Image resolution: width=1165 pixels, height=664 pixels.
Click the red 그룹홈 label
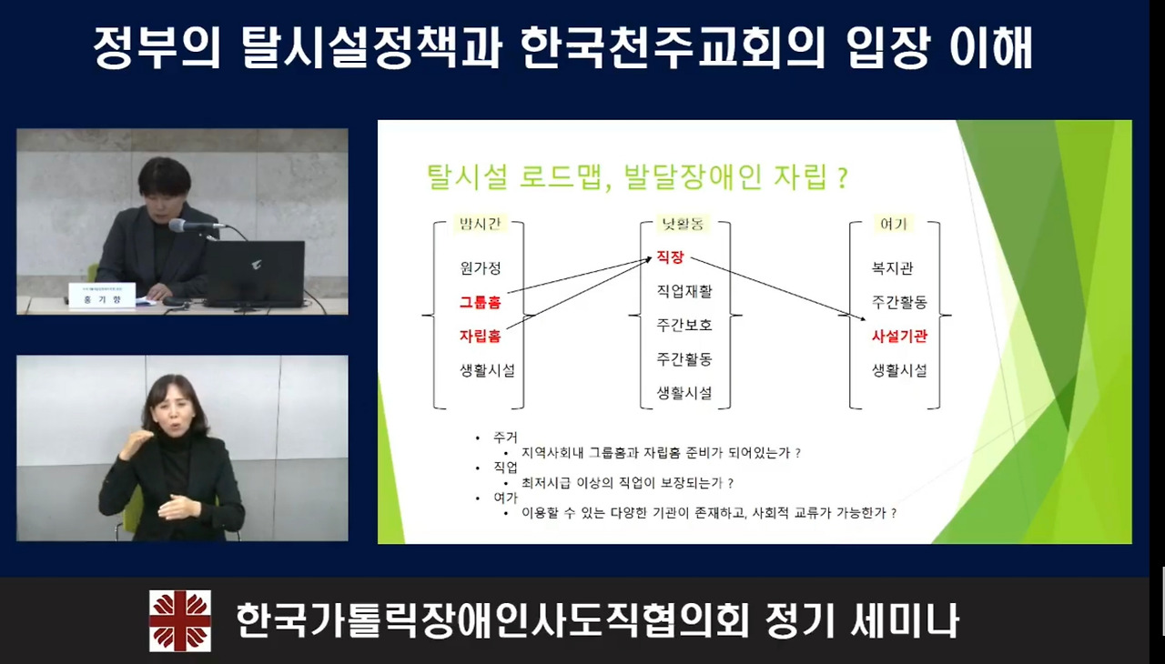(x=480, y=302)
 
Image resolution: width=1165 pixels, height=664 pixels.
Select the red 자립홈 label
(x=480, y=336)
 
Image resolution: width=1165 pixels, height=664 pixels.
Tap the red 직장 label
(x=670, y=258)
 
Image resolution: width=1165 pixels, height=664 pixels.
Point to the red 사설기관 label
(x=899, y=336)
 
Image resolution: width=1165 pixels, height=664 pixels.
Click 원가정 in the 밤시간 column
(x=480, y=268)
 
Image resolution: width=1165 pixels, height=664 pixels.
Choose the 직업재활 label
(x=684, y=291)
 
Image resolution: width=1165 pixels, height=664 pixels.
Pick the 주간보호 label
(x=684, y=325)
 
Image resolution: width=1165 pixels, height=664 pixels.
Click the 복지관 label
(x=892, y=268)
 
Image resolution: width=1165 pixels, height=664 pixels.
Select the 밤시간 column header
(x=480, y=224)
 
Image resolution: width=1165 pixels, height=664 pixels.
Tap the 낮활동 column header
(x=684, y=224)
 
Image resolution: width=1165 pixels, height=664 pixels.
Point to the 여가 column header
(x=893, y=224)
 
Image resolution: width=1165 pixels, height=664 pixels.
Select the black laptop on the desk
(x=254, y=274)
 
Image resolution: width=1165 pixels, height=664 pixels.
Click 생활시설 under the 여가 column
(x=899, y=370)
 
